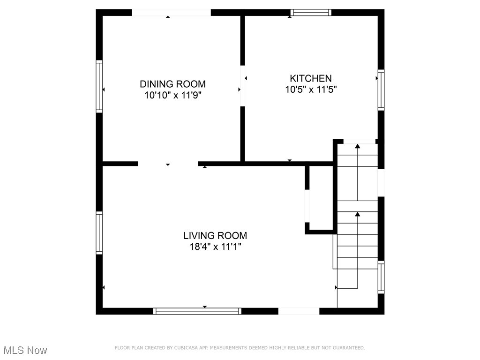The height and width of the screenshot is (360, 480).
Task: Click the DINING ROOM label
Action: click(x=172, y=84)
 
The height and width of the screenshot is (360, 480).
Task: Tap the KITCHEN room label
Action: click(x=310, y=78)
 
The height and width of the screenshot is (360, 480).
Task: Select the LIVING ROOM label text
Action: click(x=215, y=235)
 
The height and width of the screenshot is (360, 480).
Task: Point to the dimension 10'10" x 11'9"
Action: click(x=172, y=95)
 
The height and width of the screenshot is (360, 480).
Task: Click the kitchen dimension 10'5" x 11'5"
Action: click(x=311, y=89)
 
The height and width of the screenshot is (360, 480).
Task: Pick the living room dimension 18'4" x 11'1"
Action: click(x=215, y=247)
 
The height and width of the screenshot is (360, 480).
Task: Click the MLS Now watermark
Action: click(x=25, y=350)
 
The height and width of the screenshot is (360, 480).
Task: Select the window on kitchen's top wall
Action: click(x=310, y=13)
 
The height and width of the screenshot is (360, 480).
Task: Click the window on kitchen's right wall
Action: click(x=381, y=90)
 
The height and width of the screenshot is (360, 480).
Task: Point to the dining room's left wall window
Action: click(x=99, y=86)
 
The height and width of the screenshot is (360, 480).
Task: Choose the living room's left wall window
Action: click(x=99, y=233)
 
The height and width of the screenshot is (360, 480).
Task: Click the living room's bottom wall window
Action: click(x=197, y=311)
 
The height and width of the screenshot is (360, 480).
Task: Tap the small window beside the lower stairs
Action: click(x=381, y=277)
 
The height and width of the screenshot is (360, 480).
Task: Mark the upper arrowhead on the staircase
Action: click(x=358, y=146)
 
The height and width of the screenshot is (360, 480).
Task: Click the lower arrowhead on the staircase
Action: click(x=358, y=214)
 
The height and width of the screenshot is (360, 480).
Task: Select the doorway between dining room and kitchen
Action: click(x=242, y=86)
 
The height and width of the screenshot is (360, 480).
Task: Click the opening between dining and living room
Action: click(x=168, y=164)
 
